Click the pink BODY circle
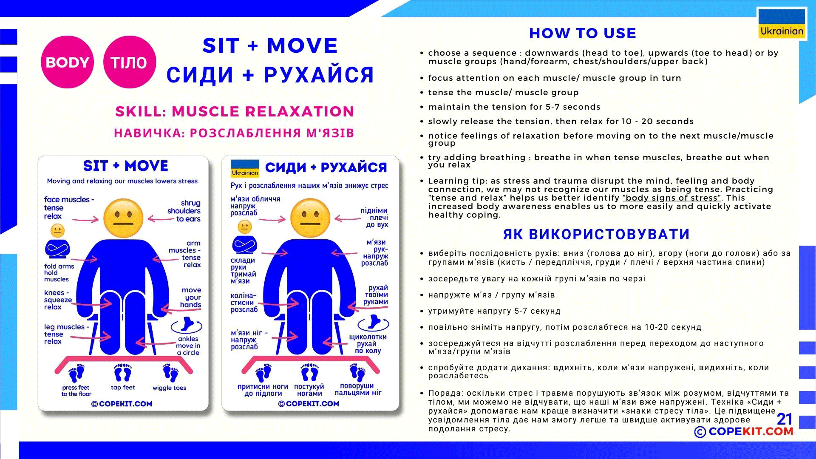67,62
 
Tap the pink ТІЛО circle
129,62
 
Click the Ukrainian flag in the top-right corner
782,24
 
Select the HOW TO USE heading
582,33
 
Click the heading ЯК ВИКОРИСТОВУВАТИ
596,234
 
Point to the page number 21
785,419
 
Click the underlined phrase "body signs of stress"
671,198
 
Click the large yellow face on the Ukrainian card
310,218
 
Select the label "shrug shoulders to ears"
185,211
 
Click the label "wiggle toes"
169,388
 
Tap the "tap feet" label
123,387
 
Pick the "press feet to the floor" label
76,391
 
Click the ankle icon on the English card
186,325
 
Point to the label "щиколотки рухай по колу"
368,343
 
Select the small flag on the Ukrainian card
245,168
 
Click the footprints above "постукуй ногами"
309,373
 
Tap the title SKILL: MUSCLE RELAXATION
235,111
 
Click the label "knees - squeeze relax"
57,300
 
